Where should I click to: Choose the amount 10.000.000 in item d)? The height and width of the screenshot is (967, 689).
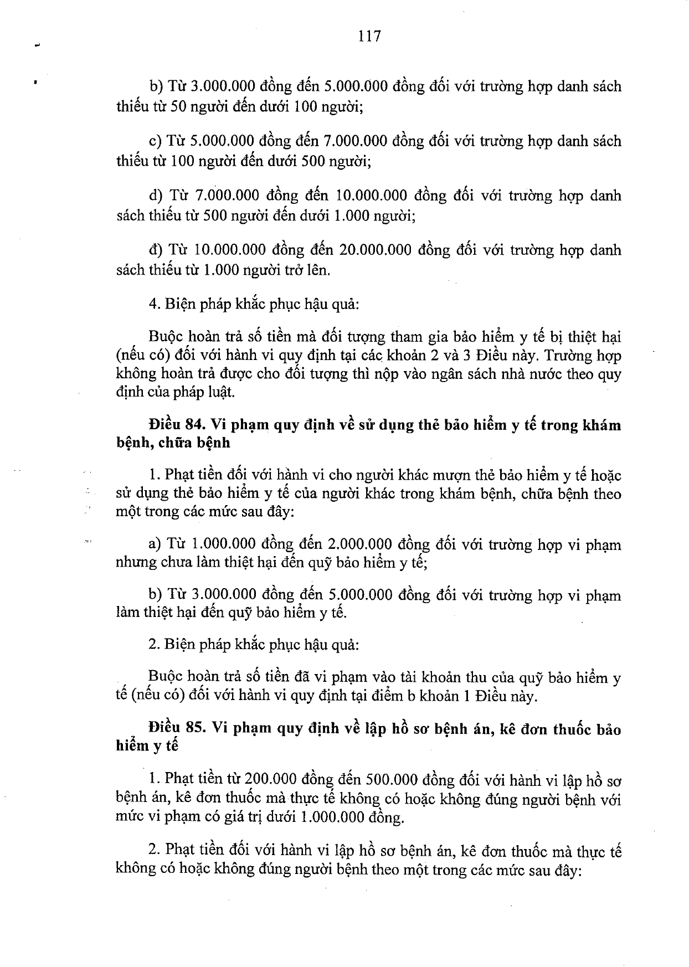372,196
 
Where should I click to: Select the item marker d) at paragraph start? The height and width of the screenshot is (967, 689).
156,196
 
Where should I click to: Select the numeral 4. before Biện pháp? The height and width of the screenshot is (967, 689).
153,304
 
